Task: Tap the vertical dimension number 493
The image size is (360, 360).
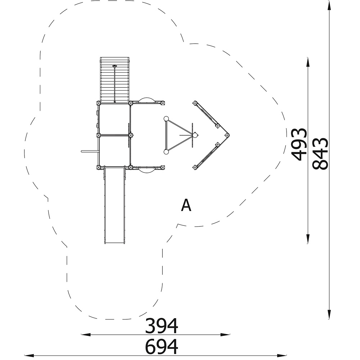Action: (x=299, y=145)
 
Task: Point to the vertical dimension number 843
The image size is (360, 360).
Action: (x=320, y=154)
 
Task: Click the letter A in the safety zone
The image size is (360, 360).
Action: (x=186, y=205)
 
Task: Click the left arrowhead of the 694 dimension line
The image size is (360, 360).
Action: (x=29, y=355)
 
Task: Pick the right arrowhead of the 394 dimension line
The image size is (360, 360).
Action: (x=225, y=334)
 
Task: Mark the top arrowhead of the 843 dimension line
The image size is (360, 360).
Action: (x=329, y=6)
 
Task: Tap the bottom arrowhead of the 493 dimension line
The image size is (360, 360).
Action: (x=308, y=239)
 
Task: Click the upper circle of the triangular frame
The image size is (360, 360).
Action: (x=166, y=119)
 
